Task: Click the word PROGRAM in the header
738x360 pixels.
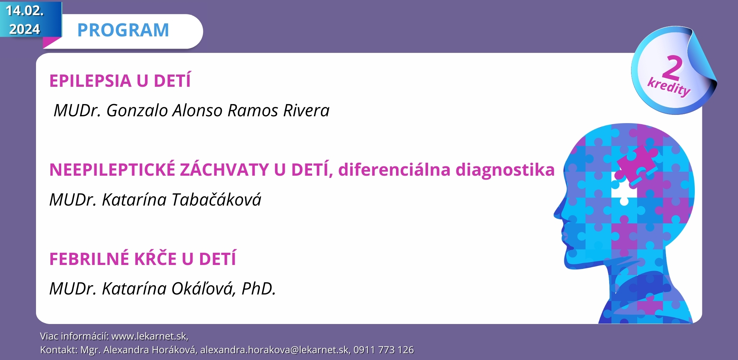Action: [x=123, y=30]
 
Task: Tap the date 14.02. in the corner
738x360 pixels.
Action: [x=24, y=11]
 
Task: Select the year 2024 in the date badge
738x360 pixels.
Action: [x=24, y=29]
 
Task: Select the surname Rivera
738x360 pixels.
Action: [x=306, y=111]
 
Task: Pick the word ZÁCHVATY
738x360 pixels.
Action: [x=225, y=170]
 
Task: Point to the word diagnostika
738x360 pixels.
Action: [x=505, y=170]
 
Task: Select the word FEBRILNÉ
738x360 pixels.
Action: [x=89, y=259]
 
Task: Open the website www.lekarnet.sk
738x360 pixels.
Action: [x=150, y=336]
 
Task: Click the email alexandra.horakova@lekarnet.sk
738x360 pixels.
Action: [x=275, y=350]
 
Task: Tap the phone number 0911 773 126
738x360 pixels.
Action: [x=384, y=350]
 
